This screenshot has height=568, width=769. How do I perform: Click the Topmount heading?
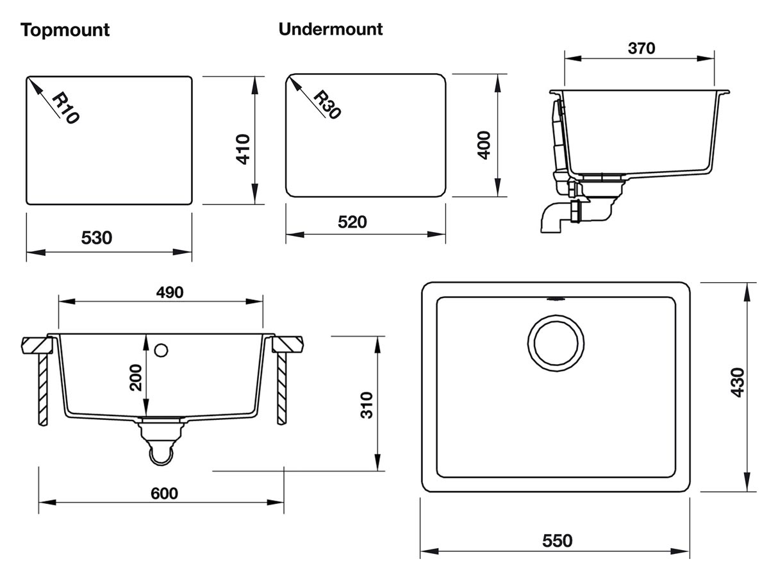pyautogui.click(x=65, y=29)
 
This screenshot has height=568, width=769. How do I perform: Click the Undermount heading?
pyautogui.click(x=331, y=29)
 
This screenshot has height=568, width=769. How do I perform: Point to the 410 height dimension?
pyautogui.click(x=243, y=149)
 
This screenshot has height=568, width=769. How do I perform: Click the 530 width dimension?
pyautogui.click(x=97, y=238)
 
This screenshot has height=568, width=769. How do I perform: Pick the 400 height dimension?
pyautogui.click(x=484, y=145)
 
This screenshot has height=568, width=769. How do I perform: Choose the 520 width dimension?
pyautogui.click(x=352, y=222)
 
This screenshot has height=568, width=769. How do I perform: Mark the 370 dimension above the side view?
pyautogui.click(x=640, y=48)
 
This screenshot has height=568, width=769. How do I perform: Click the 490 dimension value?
pyautogui.click(x=169, y=292)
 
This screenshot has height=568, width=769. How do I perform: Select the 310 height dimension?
pyautogui.click(x=367, y=405)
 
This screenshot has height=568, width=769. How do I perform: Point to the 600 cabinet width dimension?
pyautogui.click(x=164, y=493)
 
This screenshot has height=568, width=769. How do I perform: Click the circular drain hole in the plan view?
pyautogui.click(x=556, y=343)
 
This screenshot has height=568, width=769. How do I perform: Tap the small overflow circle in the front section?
pyautogui.click(x=161, y=349)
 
